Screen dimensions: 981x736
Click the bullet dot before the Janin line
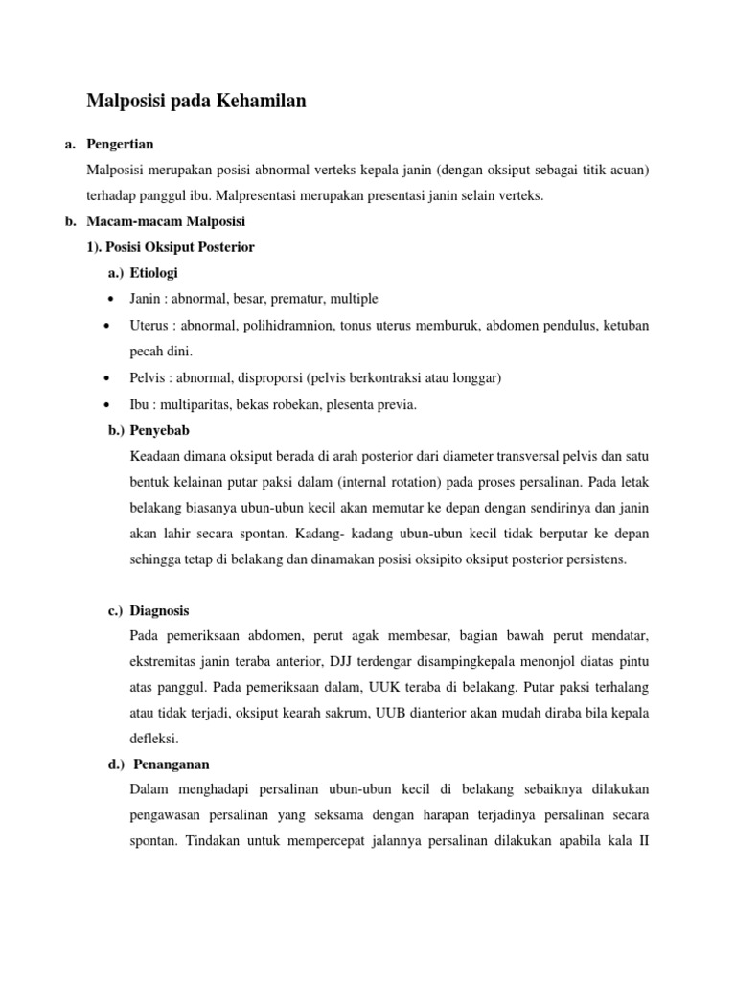[114, 299]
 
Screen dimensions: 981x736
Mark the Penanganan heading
[172, 764]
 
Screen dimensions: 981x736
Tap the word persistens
[592, 559]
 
